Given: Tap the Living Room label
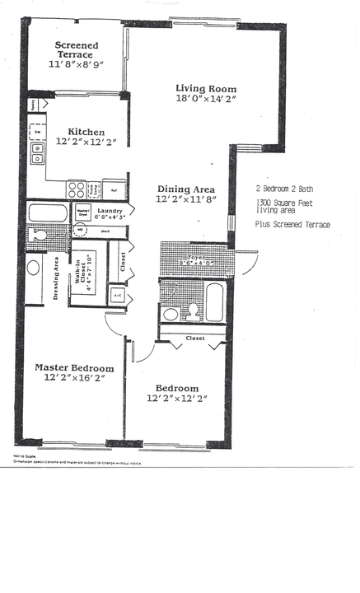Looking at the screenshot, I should pos(206,89).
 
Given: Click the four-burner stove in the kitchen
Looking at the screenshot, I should pos(77,189).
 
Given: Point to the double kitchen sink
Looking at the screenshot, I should pos(37,153).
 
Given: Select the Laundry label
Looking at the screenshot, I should pos(109,212).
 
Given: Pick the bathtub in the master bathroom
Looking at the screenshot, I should pos(48,213).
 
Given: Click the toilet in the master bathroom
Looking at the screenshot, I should pos(37,236).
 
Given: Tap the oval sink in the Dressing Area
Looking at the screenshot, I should pos(35,268).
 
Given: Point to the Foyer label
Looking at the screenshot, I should pos(194,256).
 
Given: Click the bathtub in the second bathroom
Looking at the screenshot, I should pos(213,302).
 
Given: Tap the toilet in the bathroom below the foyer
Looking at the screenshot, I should pos(192,310).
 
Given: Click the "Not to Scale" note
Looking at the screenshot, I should pos(23,455).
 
